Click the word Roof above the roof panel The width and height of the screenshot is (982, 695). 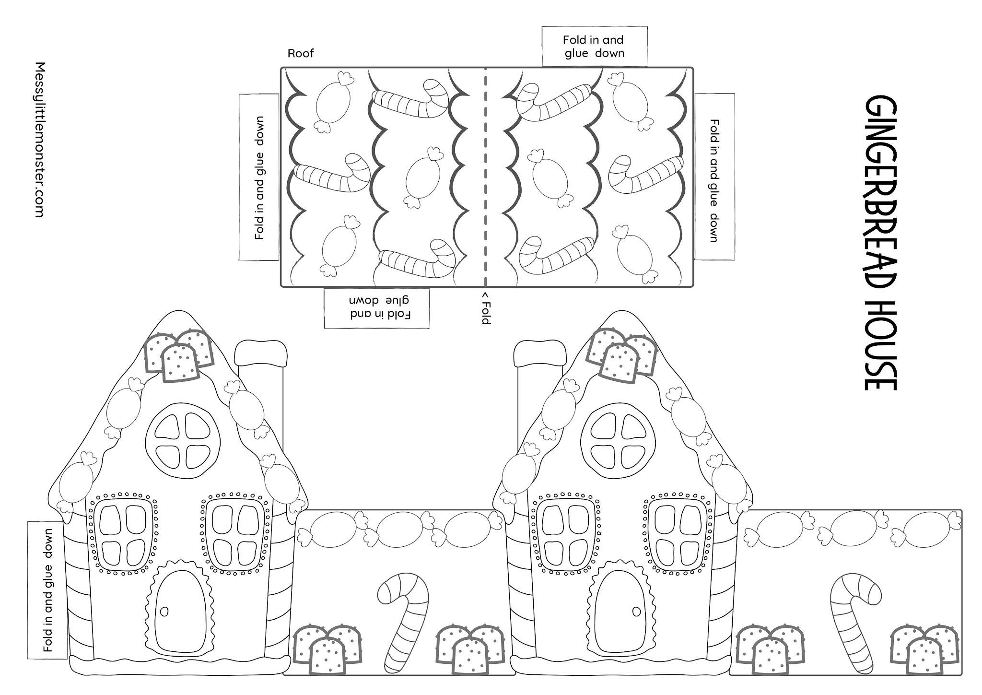coord(301,53)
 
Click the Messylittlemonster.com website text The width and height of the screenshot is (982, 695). coord(40,139)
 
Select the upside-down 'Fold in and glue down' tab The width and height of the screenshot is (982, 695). coord(376,308)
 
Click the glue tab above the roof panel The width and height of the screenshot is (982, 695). coord(594,47)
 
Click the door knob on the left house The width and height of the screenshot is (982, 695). coord(164,611)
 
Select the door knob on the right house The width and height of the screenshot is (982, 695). coord(636,611)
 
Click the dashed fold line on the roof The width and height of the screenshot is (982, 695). coord(485,177)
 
